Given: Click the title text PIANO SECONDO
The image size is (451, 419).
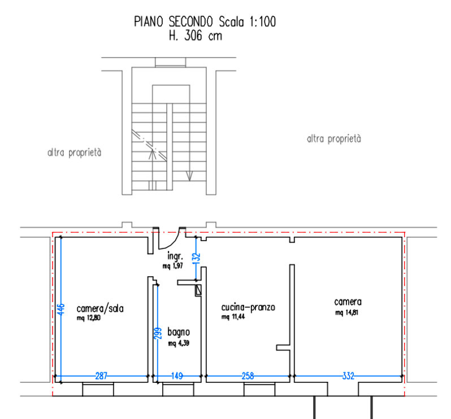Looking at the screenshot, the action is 174,22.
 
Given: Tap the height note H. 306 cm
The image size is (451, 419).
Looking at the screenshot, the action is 196,36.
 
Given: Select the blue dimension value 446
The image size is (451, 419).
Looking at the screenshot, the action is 61,309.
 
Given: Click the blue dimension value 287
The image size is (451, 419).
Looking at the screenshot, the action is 101,376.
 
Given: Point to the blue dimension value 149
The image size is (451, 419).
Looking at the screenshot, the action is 177,376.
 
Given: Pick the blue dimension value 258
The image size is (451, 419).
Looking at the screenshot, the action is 248,376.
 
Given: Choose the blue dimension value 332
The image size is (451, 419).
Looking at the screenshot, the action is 348,376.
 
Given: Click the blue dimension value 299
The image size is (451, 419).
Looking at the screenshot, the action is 158,333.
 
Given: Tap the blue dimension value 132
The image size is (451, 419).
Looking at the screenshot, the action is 196,258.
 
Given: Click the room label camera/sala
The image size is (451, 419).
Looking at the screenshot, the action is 100,309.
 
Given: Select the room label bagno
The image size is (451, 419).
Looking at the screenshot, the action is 179,332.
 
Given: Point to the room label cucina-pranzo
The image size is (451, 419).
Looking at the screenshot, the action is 248,308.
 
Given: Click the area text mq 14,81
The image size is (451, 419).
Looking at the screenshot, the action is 346,312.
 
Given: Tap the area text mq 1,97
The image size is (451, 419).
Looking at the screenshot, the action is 172,266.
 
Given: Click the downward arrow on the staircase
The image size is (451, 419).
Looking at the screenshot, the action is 189,176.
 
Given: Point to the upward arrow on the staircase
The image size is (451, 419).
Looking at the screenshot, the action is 153,154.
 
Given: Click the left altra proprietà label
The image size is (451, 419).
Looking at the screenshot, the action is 74,152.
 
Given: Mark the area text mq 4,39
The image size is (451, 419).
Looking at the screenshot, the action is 179,343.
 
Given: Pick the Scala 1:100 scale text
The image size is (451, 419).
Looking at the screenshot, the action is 247,22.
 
